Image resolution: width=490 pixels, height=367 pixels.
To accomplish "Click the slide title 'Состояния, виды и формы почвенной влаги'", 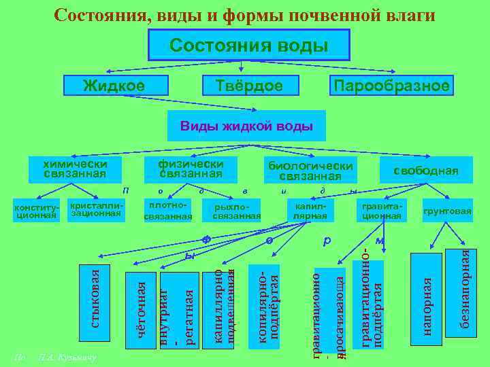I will click(x=244, y=14).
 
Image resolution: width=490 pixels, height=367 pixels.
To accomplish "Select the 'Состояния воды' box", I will click(x=248, y=46).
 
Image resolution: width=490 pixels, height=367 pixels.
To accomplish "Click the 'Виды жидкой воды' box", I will click(x=246, y=126).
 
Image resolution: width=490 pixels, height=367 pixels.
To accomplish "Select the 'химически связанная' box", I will click(x=75, y=169).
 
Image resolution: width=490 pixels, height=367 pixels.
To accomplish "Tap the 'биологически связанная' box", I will click(x=310, y=171).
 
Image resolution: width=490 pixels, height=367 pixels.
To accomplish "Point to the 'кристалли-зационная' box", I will click(x=95, y=209).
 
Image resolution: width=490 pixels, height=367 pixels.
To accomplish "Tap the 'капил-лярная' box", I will click(x=310, y=211).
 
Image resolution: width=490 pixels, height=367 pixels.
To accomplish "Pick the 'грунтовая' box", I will click(x=447, y=211).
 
